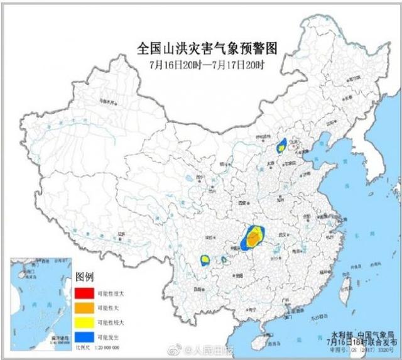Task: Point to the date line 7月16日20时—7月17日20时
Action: pos(207,64)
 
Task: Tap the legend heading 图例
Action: pos(84,277)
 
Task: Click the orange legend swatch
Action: pos(82,308)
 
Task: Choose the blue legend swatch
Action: pos(82,337)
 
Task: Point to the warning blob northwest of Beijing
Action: pos(282,146)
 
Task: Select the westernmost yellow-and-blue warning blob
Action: pos(204,259)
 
